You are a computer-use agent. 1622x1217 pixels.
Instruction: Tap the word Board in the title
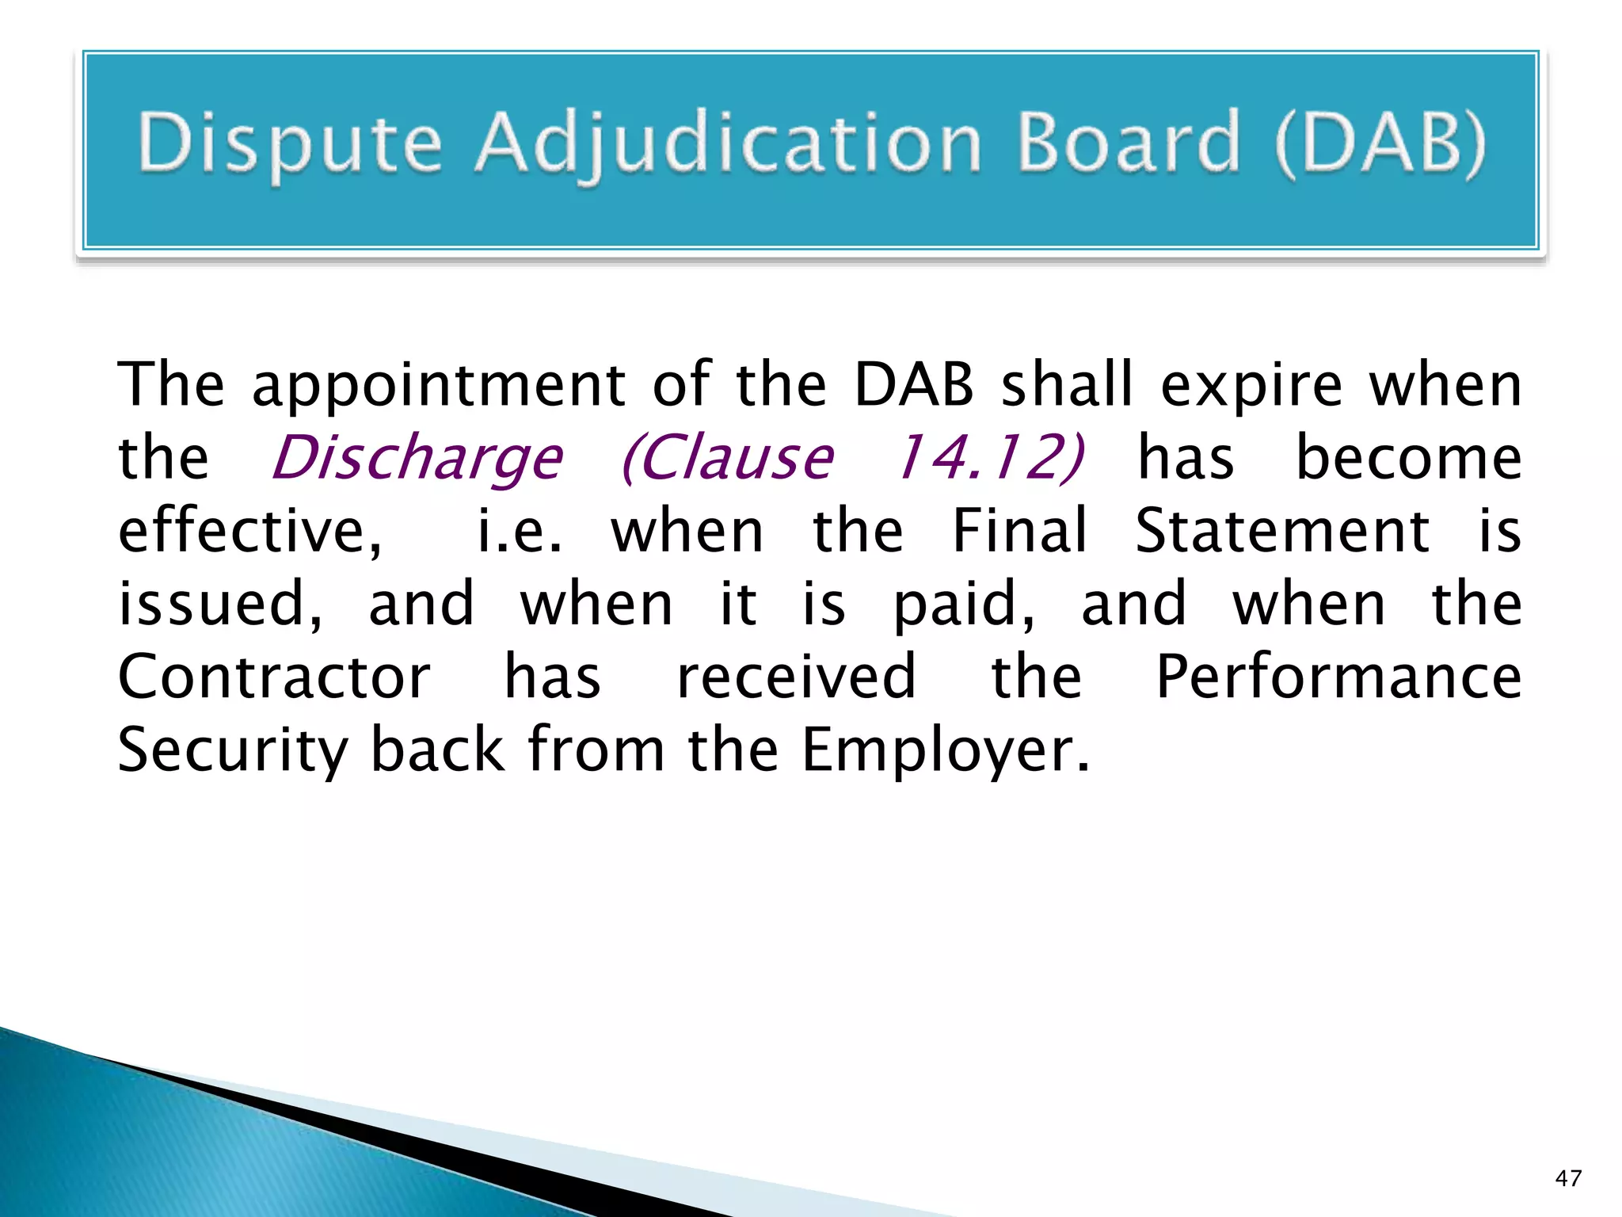click(1128, 143)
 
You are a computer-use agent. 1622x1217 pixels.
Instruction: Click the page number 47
click(1568, 1178)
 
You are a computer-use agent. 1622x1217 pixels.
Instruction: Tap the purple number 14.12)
click(991, 458)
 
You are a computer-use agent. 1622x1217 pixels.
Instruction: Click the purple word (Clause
click(728, 458)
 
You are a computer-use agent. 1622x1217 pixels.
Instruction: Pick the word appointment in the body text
click(440, 387)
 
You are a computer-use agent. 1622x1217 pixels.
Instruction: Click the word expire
click(1251, 387)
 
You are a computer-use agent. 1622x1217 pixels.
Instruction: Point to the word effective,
click(250, 531)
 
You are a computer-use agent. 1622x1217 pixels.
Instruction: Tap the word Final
click(1020, 531)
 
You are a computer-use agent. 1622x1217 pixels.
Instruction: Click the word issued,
click(221, 604)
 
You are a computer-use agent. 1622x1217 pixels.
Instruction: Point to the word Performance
click(1338, 677)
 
